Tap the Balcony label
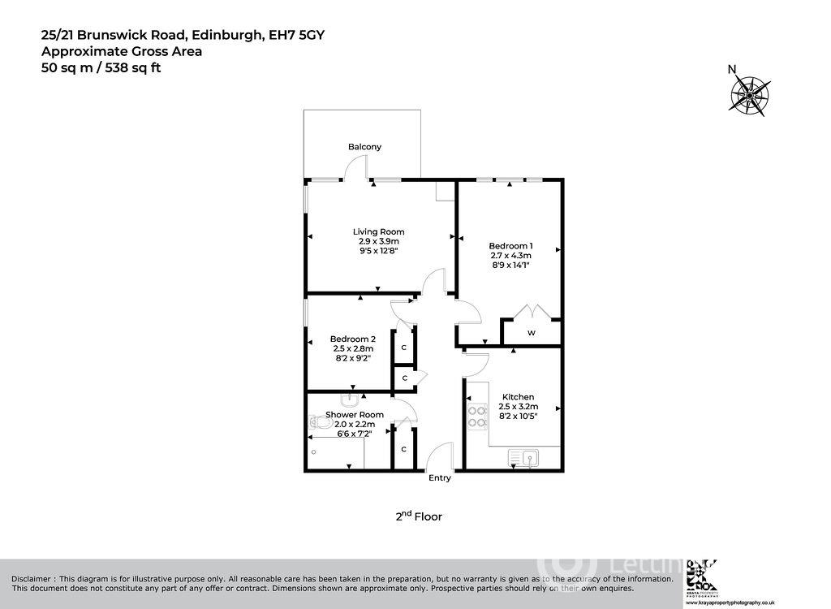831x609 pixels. click(x=364, y=147)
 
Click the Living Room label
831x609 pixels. click(x=378, y=232)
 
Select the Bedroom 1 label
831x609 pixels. click(x=510, y=246)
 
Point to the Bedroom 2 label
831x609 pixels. click(x=352, y=339)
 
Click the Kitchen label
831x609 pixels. click(x=517, y=397)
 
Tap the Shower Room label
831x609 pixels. click(x=355, y=414)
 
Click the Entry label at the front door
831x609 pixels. click(x=439, y=478)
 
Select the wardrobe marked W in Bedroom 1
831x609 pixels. click(x=532, y=333)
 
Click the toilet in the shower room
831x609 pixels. click(x=317, y=421)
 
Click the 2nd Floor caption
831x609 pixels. click(x=419, y=516)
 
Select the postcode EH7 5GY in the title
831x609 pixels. click(x=297, y=35)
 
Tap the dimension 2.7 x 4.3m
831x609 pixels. click(x=510, y=257)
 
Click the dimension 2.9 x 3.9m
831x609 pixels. click(x=378, y=241)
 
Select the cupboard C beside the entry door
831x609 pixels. click(x=403, y=450)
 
